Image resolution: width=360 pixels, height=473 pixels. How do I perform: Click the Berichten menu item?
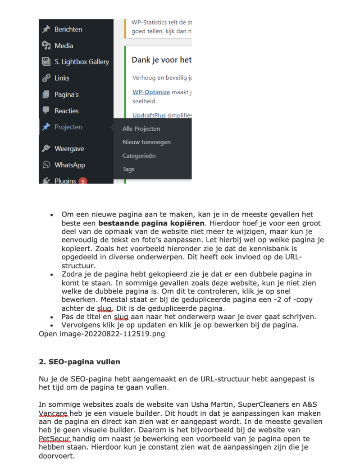coord(68,29)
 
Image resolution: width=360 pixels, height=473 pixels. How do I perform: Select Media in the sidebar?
coord(64,46)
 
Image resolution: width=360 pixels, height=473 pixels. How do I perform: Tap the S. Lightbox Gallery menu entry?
coord(82,62)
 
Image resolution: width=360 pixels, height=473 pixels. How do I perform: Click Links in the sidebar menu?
coord(62,78)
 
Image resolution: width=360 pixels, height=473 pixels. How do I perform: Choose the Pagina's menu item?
coord(66,94)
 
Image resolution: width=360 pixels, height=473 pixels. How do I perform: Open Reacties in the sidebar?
coord(66,110)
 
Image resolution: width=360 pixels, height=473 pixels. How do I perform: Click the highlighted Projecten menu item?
coord(68,127)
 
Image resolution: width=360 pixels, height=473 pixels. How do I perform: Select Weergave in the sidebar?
coord(69,148)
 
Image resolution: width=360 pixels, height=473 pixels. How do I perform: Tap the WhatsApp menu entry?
coord(69,165)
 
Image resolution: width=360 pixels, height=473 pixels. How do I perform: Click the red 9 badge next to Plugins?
coord(82,181)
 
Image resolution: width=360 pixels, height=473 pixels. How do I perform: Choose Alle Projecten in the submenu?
coord(141,129)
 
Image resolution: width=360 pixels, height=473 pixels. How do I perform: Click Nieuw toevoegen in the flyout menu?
coord(146,142)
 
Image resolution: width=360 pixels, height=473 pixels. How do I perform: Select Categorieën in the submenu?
coord(139,156)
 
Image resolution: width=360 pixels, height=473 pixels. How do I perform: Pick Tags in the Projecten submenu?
coord(128,169)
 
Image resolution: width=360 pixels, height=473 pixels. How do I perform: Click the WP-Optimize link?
coord(151,92)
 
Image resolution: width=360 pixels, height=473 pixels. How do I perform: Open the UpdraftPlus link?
coord(149,115)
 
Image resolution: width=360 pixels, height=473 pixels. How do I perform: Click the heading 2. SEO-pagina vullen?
coord(79,362)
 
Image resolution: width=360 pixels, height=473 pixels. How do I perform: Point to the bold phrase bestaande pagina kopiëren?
coord(151,223)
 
